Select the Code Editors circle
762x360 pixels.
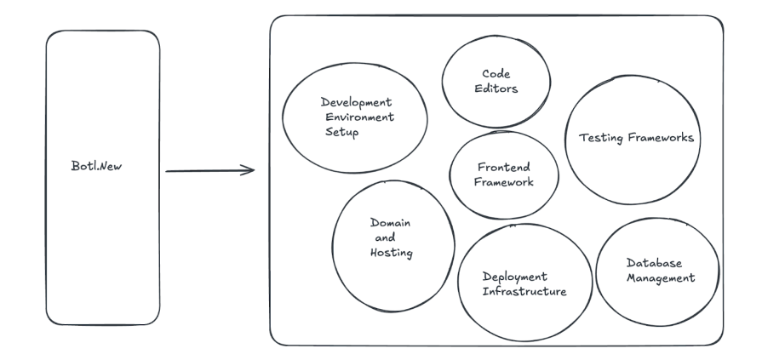point(487,79)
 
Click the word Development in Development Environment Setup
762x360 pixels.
point(357,102)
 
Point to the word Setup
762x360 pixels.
point(342,134)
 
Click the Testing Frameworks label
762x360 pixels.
point(633,137)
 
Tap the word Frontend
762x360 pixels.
point(503,167)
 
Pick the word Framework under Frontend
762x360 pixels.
point(503,182)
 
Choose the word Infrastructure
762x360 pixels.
point(524,292)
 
